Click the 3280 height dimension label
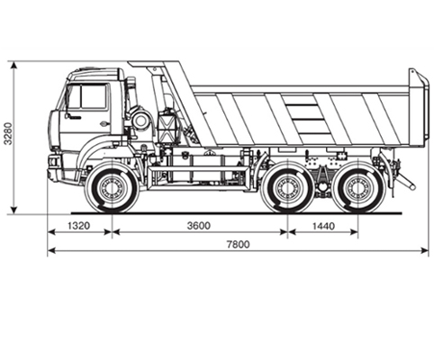tap(8, 133)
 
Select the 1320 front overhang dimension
tap(78, 226)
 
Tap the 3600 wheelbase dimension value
tap(199, 226)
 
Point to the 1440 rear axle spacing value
tap(323, 226)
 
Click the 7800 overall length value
tap(238, 245)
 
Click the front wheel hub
tap(112, 188)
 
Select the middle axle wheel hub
tap(288, 188)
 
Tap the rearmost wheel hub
tap(358, 188)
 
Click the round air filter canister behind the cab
tap(140, 120)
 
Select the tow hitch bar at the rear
tap(406, 181)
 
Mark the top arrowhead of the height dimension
tap(14, 66)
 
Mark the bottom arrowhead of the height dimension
tap(14, 210)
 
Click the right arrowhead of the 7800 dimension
tap(424, 250)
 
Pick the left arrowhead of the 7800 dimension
tap(52, 250)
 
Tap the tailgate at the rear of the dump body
tap(418, 105)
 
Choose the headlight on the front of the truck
tap(53, 161)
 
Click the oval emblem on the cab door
tap(104, 122)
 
